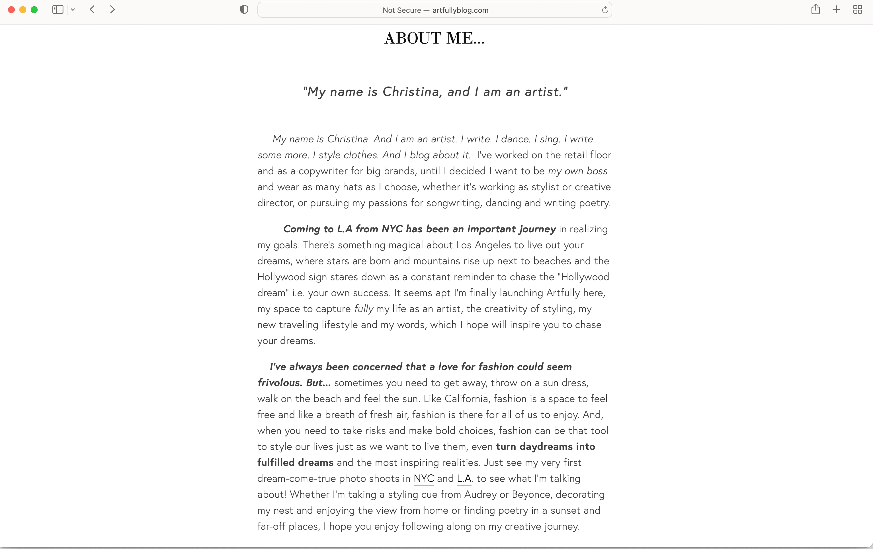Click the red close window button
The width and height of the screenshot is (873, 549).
[x=11, y=10]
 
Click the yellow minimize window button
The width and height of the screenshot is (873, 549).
[x=23, y=10]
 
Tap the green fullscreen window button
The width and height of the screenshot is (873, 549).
[x=34, y=10]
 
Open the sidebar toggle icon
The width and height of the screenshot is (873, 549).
[x=58, y=9]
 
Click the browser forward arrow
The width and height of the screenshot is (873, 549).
[x=112, y=9]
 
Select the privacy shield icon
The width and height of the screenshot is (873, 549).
[x=244, y=10]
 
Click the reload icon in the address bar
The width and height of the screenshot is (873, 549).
[x=605, y=10]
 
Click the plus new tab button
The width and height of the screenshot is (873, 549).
[x=836, y=9]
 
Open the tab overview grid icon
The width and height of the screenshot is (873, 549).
[x=857, y=9]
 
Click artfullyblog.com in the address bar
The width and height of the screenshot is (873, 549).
[x=460, y=10]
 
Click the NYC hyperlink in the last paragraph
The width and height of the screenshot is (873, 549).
[x=423, y=479]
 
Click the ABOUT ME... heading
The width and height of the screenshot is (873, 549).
[x=434, y=38]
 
